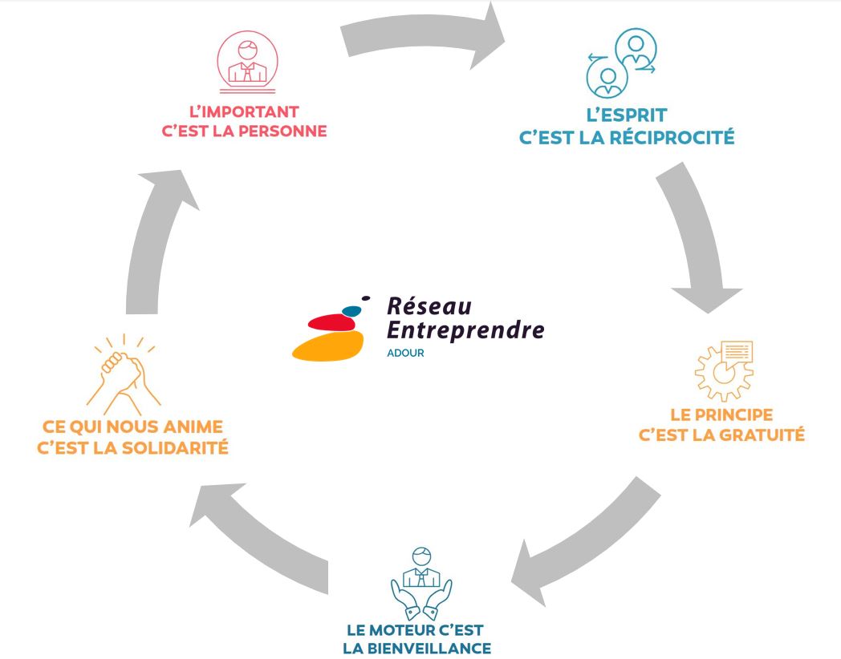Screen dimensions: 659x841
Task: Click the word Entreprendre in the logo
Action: pyautogui.click(x=465, y=329)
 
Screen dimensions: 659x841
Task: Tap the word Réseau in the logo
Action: pyautogui.click(x=429, y=305)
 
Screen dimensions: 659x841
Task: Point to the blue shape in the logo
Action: pyautogui.click(x=351, y=309)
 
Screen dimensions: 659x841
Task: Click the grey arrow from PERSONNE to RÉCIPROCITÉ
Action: pyautogui.click(x=425, y=37)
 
